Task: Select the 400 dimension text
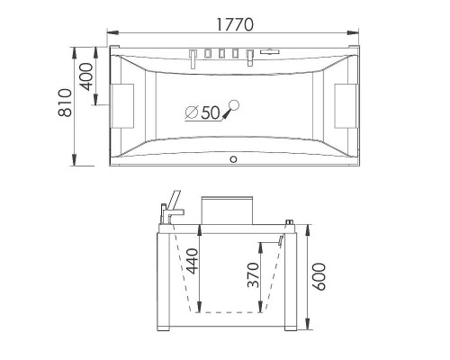click(x=87, y=79)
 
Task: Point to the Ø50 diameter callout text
click(x=202, y=112)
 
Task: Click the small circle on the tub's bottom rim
click(x=233, y=161)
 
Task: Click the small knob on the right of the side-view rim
click(x=290, y=220)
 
